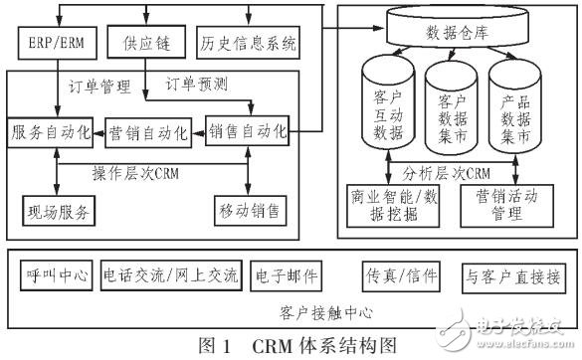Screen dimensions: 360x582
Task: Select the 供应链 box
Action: coord(145,43)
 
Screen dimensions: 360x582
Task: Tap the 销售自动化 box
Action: coord(249,131)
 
